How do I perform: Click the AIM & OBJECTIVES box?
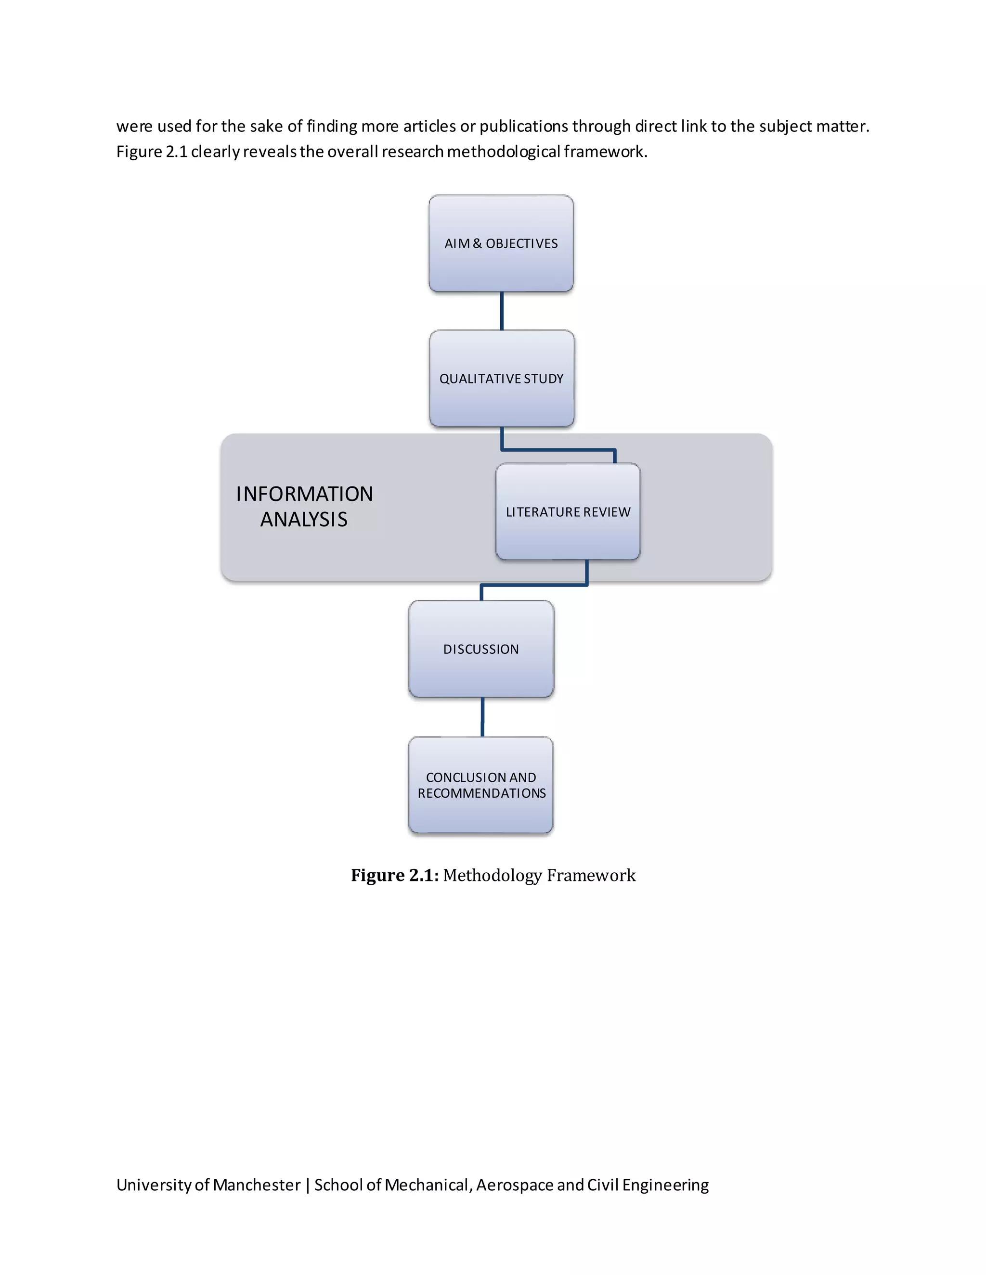tap(501, 243)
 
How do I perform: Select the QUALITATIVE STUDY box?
tap(502, 378)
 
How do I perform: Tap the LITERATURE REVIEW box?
tap(568, 511)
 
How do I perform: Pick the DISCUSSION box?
tap(481, 649)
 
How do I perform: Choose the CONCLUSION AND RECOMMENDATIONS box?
tap(481, 785)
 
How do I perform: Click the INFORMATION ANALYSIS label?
tap(304, 506)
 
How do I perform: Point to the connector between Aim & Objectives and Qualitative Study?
tap(502, 311)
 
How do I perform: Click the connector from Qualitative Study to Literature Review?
tap(558, 449)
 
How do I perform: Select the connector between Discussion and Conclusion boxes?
tap(482, 717)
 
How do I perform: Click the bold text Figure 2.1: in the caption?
tap(394, 875)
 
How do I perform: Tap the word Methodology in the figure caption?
tap(493, 875)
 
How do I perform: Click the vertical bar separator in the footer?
tap(307, 1185)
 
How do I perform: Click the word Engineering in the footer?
tap(665, 1185)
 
